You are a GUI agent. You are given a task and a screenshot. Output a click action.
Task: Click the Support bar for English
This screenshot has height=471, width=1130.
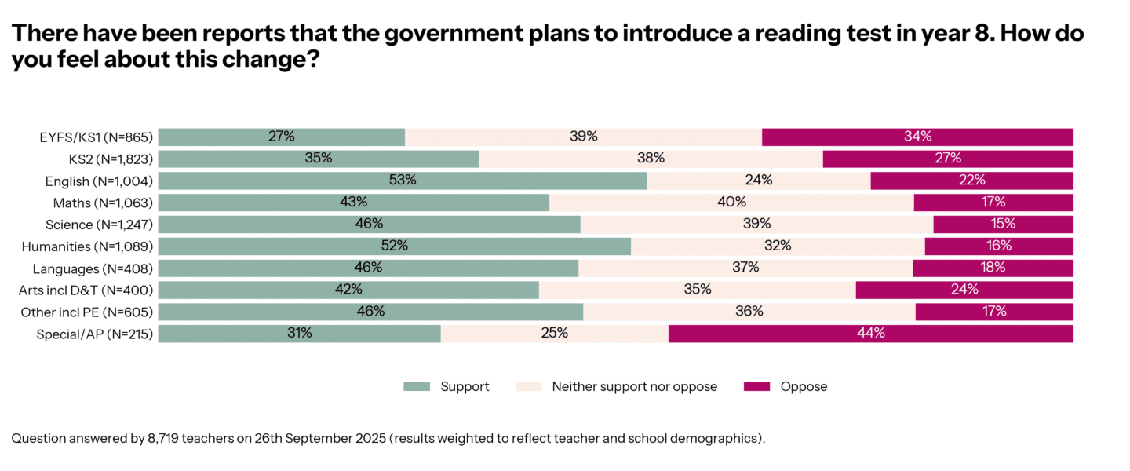click(x=403, y=181)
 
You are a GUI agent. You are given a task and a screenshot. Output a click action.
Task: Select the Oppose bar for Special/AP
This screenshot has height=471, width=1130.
click(x=870, y=334)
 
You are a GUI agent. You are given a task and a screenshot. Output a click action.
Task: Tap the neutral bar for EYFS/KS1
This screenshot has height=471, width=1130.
click(x=583, y=137)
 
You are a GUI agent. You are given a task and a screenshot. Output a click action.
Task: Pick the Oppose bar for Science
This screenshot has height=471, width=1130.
click(x=1003, y=225)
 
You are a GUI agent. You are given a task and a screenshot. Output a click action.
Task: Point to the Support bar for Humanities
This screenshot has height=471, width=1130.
click(x=395, y=246)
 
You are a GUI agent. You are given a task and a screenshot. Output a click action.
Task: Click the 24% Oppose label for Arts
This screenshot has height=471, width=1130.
click(x=964, y=289)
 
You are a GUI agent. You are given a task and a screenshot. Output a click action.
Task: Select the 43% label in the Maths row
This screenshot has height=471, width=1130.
click(x=354, y=203)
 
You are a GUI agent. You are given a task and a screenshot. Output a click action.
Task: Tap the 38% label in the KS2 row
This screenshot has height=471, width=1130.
click(x=651, y=159)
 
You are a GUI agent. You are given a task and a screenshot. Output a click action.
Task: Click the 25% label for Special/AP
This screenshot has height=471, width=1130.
click(x=554, y=333)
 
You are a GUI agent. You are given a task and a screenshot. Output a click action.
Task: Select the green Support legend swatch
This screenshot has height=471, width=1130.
click(x=417, y=386)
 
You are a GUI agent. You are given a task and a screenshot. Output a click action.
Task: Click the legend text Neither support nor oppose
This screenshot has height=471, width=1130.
click(x=634, y=386)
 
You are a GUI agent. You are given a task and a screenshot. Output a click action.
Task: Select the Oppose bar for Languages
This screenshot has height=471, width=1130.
click(x=993, y=268)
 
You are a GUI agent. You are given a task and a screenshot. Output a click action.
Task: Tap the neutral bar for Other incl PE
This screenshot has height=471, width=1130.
click(x=749, y=312)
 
